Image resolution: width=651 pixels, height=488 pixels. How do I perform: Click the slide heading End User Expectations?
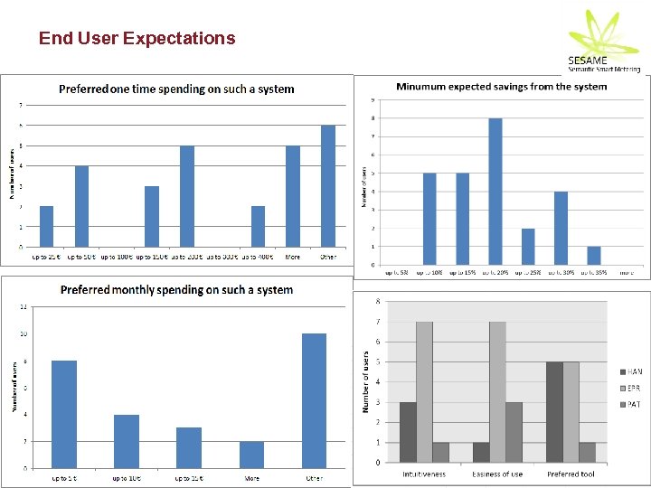137,38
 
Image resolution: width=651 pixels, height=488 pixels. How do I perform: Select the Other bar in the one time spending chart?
328,186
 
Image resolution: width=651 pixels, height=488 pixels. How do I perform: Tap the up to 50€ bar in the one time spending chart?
81,206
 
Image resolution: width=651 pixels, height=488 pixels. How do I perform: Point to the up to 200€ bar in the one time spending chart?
187,196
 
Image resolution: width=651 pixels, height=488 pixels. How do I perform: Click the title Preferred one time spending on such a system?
176,89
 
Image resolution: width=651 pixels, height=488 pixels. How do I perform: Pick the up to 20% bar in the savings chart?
495,192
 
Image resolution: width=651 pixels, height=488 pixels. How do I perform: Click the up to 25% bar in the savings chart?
528,247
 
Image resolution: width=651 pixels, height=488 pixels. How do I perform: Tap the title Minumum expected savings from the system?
502,87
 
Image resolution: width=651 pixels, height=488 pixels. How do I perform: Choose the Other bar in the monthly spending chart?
314,400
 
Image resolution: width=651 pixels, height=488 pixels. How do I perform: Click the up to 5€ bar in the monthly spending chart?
64,414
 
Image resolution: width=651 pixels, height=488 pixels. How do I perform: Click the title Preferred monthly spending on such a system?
176,290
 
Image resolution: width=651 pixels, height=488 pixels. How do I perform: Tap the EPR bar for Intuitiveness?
424,391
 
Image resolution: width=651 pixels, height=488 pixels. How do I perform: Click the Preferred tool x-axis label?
571,474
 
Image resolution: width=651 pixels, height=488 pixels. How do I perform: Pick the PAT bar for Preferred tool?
589,452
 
